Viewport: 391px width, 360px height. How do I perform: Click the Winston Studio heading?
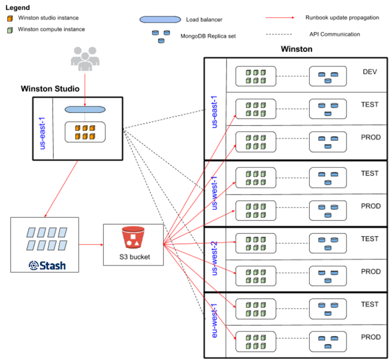(x=50, y=88)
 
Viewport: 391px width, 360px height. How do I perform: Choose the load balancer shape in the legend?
(x=160, y=19)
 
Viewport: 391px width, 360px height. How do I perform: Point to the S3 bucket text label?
(x=134, y=257)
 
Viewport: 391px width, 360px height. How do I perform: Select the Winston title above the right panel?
(x=296, y=49)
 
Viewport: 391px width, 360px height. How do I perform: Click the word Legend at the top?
(x=18, y=7)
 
